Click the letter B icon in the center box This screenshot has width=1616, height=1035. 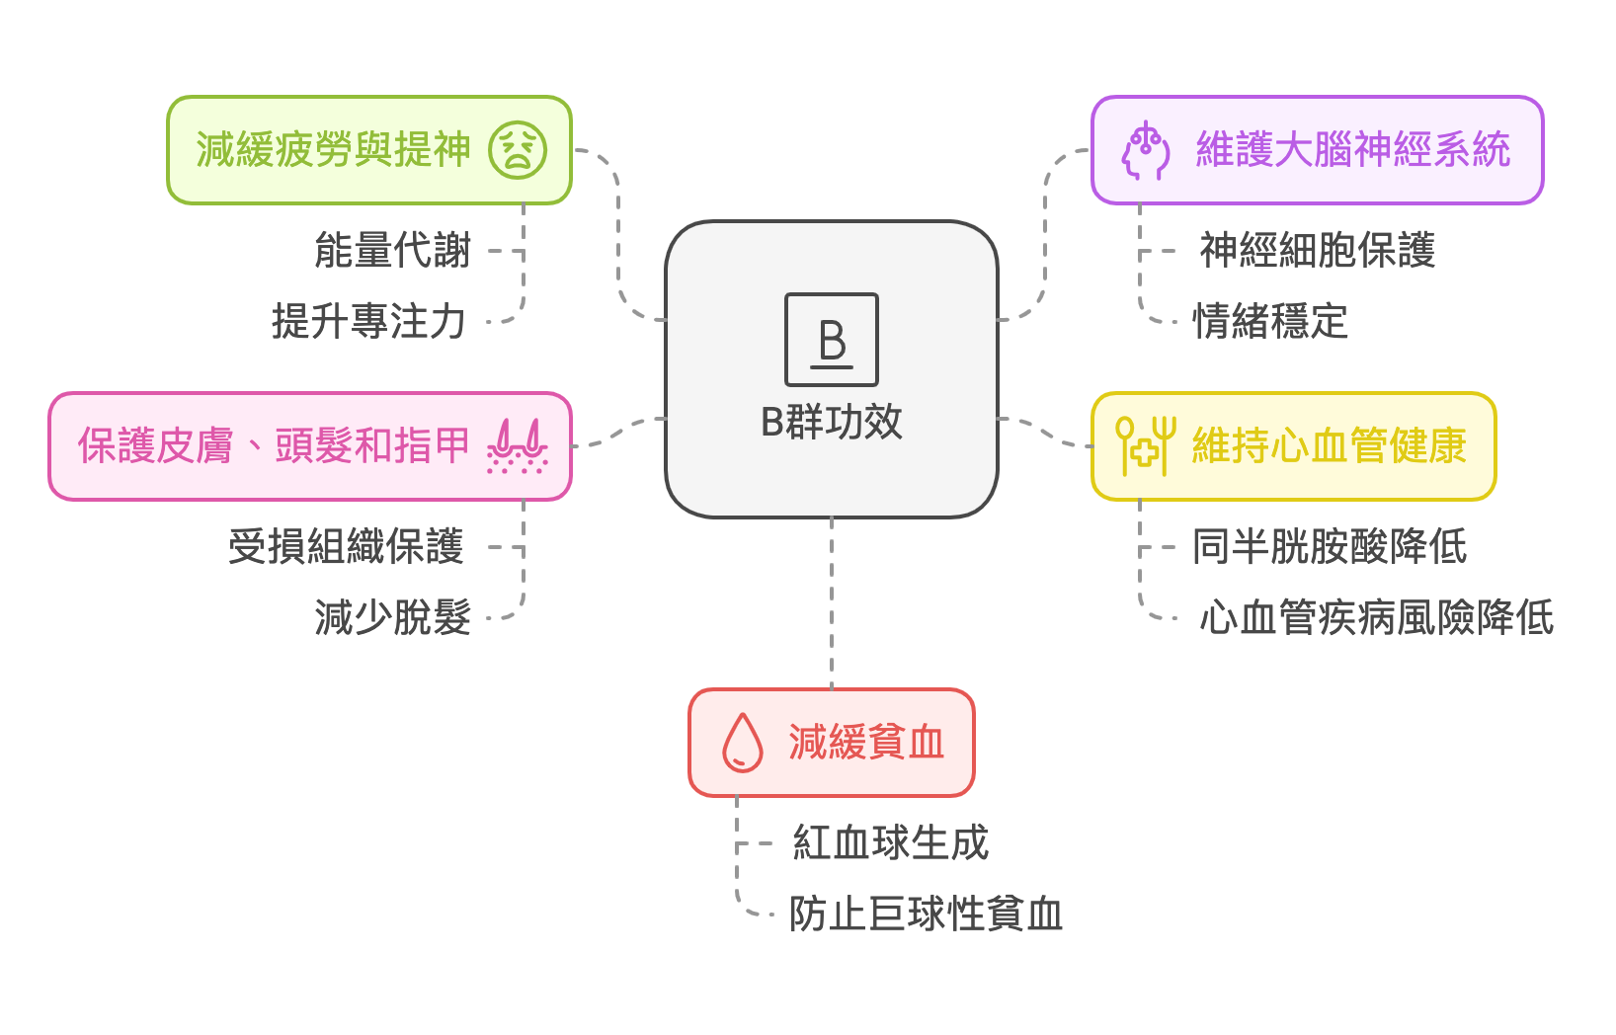[831, 340]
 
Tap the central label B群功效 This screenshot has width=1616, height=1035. [831, 422]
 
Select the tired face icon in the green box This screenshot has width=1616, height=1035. [518, 150]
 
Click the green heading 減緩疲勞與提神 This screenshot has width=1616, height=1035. [333, 150]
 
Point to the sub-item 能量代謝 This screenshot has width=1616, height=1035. [392, 251]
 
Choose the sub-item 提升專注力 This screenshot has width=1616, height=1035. [368, 322]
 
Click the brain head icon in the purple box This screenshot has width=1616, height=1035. [1145, 150]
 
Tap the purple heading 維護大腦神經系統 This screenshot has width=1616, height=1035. [1352, 150]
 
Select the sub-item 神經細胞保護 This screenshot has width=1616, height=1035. [1317, 251]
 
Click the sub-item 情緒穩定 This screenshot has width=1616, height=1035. [1270, 322]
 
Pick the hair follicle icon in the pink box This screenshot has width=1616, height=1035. [517, 446]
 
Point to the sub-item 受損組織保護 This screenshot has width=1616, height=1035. [346, 547]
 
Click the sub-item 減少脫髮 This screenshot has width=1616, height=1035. [392, 618]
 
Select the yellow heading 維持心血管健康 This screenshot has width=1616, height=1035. [1329, 446]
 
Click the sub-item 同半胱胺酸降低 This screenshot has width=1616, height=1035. [1330, 547]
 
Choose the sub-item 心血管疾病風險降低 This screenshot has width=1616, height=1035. [1376, 618]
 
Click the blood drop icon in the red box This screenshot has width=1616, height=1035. [743, 743]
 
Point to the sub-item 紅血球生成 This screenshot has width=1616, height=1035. [890, 843]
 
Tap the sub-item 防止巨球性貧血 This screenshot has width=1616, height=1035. [926, 915]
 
